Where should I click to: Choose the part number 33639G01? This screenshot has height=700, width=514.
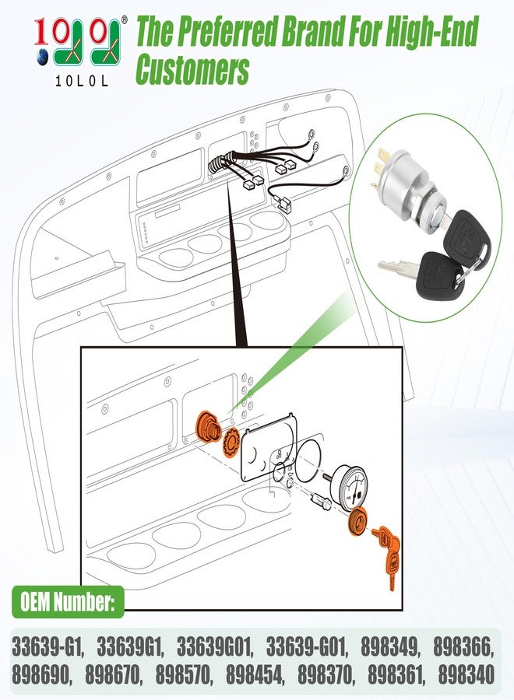point(216,648)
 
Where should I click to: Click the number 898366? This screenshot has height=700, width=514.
point(464,648)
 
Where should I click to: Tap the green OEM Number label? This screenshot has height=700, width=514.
point(68,602)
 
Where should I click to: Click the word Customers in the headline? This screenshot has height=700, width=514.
point(192,69)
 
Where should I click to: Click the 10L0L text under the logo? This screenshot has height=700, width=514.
point(82,81)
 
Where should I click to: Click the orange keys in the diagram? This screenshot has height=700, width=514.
point(387,554)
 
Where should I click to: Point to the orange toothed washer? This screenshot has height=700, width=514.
point(231,442)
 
